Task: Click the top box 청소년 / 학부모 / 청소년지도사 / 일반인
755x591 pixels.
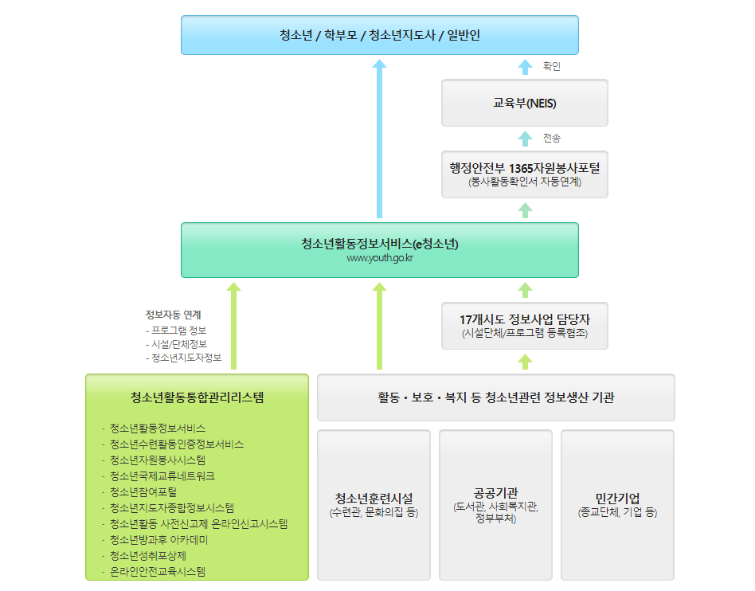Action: [379, 35]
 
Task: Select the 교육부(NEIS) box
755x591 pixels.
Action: [524, 103]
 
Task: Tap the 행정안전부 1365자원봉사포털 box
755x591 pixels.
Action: [524, 174]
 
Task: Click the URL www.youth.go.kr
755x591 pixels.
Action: [379, 258]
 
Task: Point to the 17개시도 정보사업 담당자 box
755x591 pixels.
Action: [524, 325]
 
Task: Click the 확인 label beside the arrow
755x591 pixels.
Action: [551, 67]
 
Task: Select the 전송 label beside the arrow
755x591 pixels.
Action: [551, 139]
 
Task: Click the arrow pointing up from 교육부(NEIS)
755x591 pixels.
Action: [524, 67]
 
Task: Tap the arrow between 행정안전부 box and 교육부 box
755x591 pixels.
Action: [524, 139]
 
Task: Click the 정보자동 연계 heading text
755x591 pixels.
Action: [173, 315]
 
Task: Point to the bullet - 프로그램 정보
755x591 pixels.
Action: [176, 330]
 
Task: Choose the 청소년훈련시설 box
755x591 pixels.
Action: [374, 505]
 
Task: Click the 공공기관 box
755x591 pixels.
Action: [495, 505]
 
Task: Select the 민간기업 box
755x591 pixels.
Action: [617, 505]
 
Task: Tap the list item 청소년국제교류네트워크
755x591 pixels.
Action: [162, 476]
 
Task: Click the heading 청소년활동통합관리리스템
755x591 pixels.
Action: [197, 397]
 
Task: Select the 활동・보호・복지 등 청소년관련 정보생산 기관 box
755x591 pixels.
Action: [495, 397]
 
